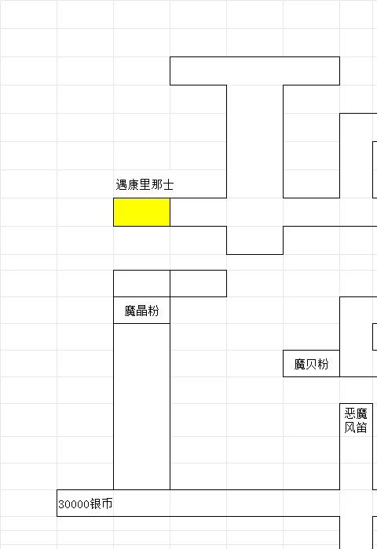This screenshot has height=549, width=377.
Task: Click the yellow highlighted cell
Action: click(x=141, y=213)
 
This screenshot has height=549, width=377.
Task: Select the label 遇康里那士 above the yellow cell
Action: click(x=145, y=184)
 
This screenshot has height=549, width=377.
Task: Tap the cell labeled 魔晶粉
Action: click(x=141, y=311)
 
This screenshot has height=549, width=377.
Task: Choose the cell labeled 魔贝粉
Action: click(x=311, y=364)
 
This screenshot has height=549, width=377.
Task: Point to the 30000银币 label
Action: click(x=86, y=504)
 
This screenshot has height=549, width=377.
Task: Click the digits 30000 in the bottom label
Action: click(x=74, y=504)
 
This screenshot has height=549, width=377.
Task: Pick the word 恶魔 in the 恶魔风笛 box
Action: click(x=356, y=414)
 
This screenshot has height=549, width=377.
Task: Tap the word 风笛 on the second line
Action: click(x=356, y=427)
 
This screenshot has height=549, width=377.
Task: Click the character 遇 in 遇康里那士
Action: click(x=121, y=184)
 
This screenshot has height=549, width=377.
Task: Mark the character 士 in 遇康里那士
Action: click(x=168, y=184)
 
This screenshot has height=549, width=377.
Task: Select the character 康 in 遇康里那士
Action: click(x=133, y=184)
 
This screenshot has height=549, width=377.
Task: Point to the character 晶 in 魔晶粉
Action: click(x=141, y=311)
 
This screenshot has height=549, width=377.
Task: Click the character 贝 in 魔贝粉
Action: click(x=311, y=364)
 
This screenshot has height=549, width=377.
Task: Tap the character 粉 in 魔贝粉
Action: click(x=323, y=364)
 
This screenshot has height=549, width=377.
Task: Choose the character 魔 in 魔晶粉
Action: click(x=130, y=311)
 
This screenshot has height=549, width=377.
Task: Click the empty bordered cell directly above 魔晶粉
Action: click(x=141, y=284)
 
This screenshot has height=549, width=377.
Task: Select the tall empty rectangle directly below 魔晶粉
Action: click(x=141, y=406)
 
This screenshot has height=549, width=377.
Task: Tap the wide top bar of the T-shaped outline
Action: click(x=254, y=71)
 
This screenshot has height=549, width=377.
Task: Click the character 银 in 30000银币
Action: click(x=95, y=504)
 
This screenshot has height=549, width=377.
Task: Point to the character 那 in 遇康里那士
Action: click(x=156, y=184)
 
